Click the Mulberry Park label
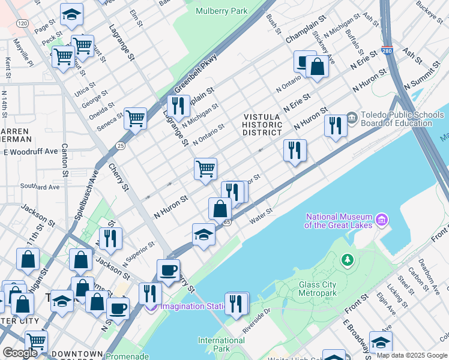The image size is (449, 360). click(221, 11)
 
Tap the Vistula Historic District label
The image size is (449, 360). click(262, 124)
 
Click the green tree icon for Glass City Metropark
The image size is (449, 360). click(346, 260)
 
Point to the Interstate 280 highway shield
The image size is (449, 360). click(387, 52)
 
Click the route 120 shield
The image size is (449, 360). click(22, 23)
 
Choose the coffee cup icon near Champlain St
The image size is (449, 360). click(304, 61)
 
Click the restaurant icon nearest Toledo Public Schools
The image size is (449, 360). click(335, 125)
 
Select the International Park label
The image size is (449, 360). click(221, 344)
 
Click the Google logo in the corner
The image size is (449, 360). click(20, 353)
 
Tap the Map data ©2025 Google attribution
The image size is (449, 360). click(411, 355)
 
